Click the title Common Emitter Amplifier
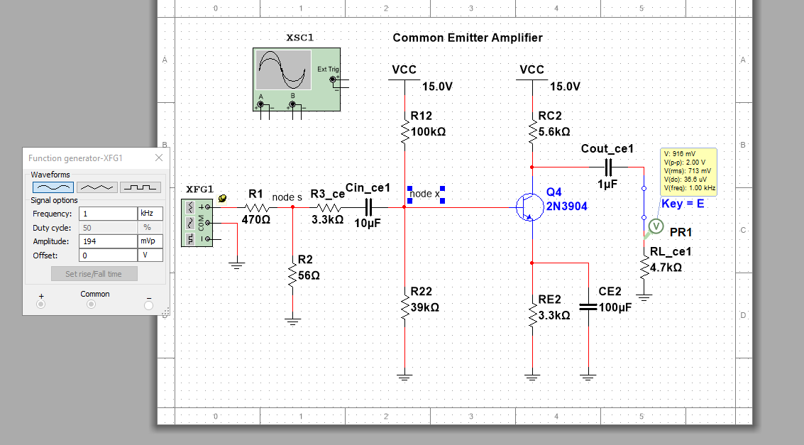point(468,38)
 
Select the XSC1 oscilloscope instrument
point(296,79)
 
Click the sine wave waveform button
point(53,187)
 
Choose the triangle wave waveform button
point(96,187)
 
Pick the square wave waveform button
point(140,187)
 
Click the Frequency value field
point(107,214)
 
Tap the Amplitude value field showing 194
point(107,241)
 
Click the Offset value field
point(107,255)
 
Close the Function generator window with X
point(159,158)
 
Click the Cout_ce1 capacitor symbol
point(607,167)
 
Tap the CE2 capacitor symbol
point(588,307)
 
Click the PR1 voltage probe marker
point(656,226)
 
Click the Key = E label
point(683,204)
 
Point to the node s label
point(287,197)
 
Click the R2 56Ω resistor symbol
point(292,272)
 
